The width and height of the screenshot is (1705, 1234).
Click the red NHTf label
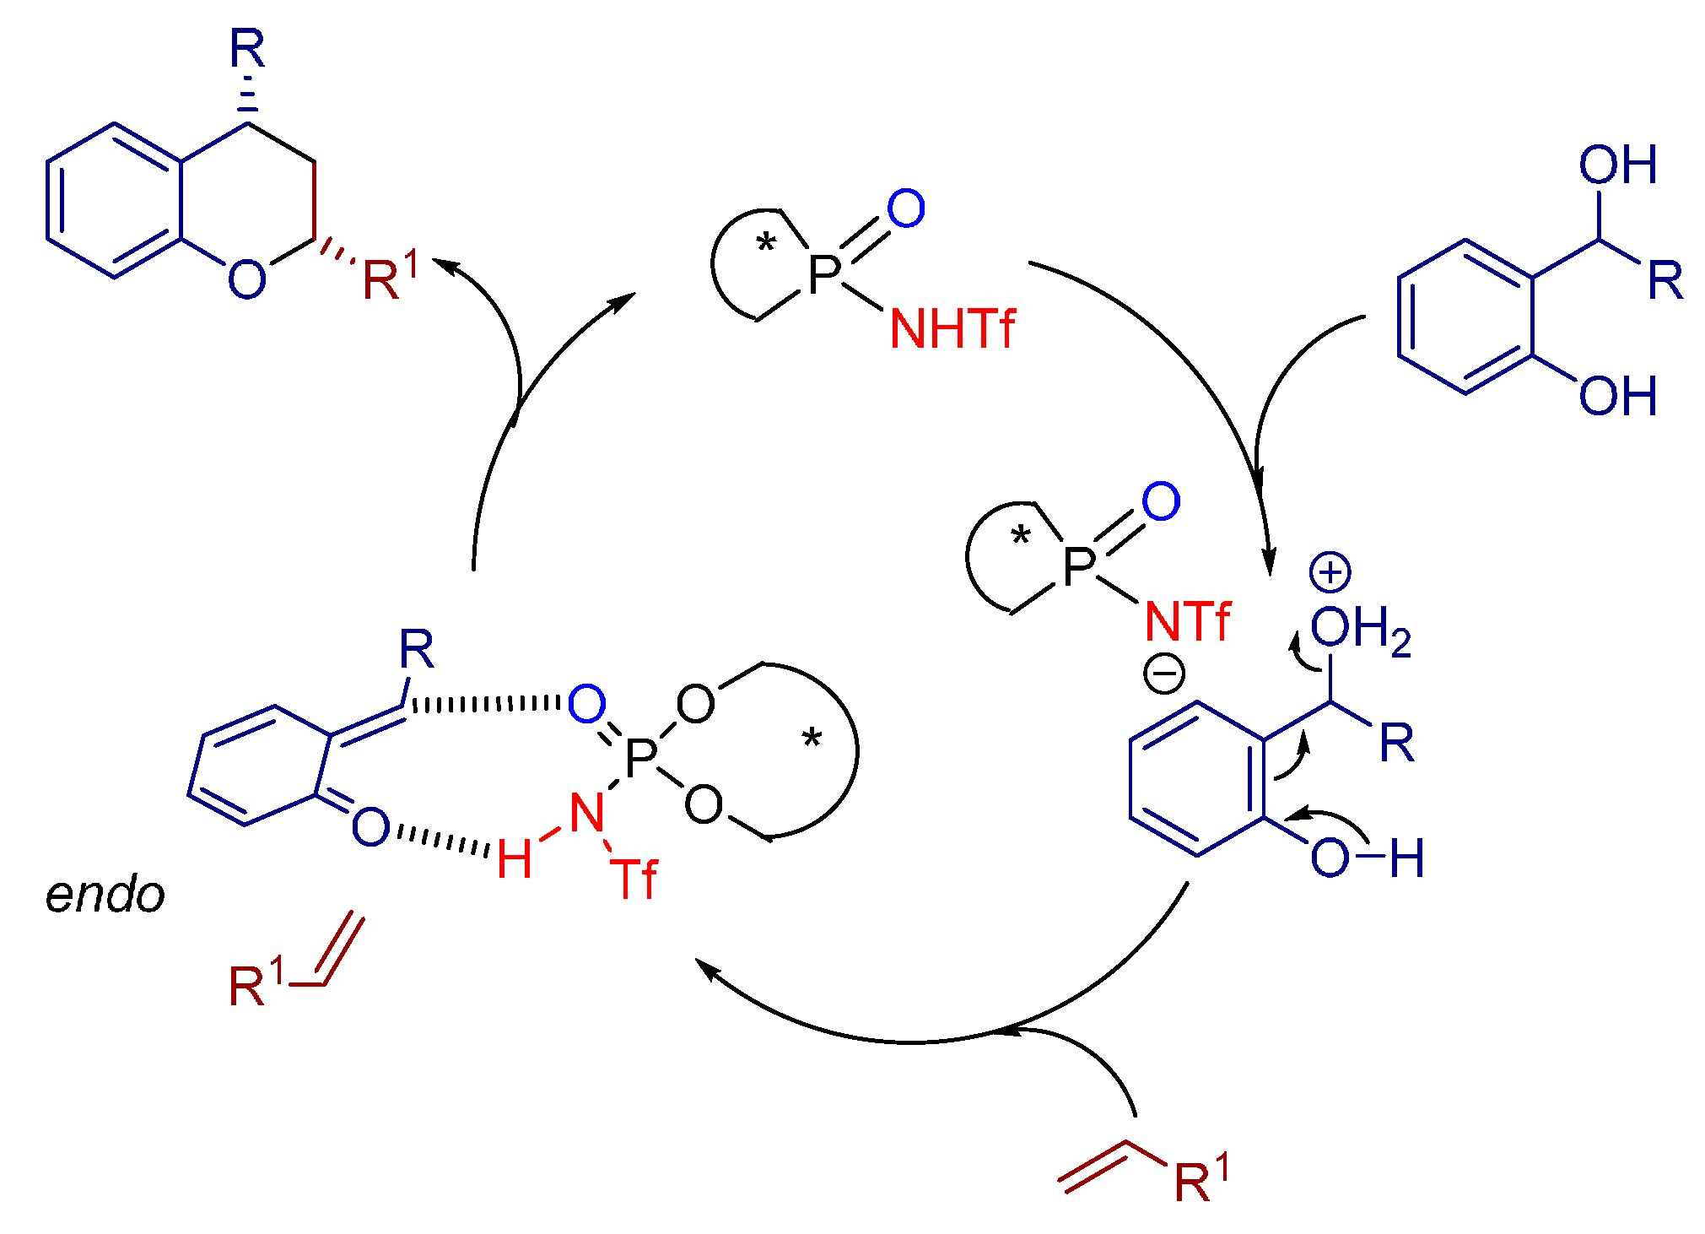(952, 328)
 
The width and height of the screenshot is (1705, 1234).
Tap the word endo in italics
(105, 895)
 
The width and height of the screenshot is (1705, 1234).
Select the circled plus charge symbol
(1330, 573)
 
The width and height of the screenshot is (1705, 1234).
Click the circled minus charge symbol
(1164, 674)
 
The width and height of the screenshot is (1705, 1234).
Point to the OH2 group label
(1359, 631)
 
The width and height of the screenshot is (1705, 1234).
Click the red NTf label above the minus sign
(1187, 622)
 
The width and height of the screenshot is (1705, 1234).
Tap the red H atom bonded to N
(514, 859)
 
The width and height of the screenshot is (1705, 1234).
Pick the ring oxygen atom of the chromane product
(246, 279)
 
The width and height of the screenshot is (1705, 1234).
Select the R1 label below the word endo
(256, 982)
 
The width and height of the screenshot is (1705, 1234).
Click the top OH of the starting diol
(1617, 165)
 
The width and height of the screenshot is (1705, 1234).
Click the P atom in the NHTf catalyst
(824, 274)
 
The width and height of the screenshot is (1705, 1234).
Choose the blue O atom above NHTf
(906, 208)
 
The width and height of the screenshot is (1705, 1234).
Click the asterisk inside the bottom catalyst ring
(812, 740)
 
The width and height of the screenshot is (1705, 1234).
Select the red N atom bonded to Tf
(587, 813)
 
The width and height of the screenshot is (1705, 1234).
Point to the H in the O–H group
(1407, 858)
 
